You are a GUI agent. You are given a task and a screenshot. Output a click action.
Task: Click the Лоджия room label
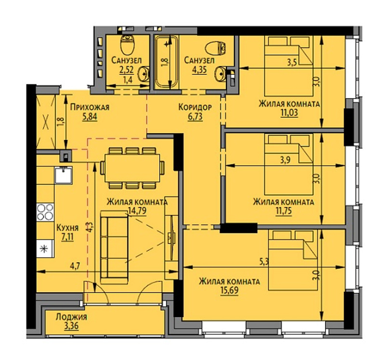coord(71,317)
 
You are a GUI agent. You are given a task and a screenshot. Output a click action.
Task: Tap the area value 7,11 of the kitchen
coord(68,237)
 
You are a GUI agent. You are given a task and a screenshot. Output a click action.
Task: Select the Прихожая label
coord(90,107)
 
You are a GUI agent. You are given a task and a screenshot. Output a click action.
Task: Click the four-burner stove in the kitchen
coord(45,212)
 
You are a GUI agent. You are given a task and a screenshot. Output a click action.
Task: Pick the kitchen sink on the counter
coord(64,175)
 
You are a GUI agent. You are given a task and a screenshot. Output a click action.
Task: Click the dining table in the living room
coord(132,168)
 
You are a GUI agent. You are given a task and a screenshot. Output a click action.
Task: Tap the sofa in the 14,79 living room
coord(114,247)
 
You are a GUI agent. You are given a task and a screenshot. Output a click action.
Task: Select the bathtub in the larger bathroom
coord(166,62)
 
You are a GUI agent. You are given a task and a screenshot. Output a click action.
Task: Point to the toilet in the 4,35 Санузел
coord(215,48)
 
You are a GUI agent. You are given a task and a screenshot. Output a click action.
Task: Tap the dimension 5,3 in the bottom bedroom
coord(263,262)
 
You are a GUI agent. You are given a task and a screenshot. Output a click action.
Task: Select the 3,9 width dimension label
coord(286,160)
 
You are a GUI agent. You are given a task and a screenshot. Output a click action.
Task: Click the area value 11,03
coord(289,112)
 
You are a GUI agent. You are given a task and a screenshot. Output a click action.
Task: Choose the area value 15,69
coord(230,291)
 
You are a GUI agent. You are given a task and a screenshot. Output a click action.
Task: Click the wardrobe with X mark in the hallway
coord(46,122)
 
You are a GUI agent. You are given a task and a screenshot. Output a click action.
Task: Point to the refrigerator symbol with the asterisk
coord(44,249)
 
